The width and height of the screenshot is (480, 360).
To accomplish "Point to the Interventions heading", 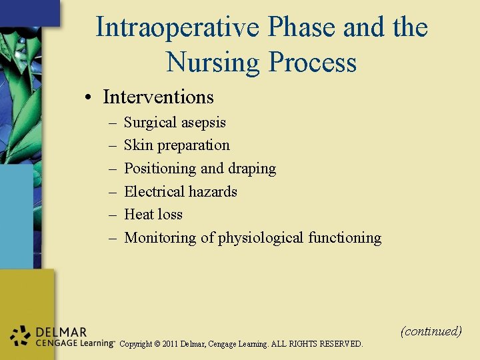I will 158,97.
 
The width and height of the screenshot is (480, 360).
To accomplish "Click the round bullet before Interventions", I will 88,97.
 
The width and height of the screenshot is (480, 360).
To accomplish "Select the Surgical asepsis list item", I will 175,123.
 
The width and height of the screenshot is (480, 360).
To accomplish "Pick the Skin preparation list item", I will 177,145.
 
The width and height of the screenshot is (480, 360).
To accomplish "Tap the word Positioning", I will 160,169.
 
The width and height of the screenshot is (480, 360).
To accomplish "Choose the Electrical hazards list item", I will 181,192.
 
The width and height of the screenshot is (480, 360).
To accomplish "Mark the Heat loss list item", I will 153,215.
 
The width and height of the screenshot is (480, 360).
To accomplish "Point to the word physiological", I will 261,238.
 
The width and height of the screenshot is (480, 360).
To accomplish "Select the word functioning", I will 345,238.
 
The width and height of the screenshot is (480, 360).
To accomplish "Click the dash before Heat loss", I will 111,215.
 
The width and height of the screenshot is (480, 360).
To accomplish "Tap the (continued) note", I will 431,331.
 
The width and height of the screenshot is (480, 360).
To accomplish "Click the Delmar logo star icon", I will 20,336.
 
